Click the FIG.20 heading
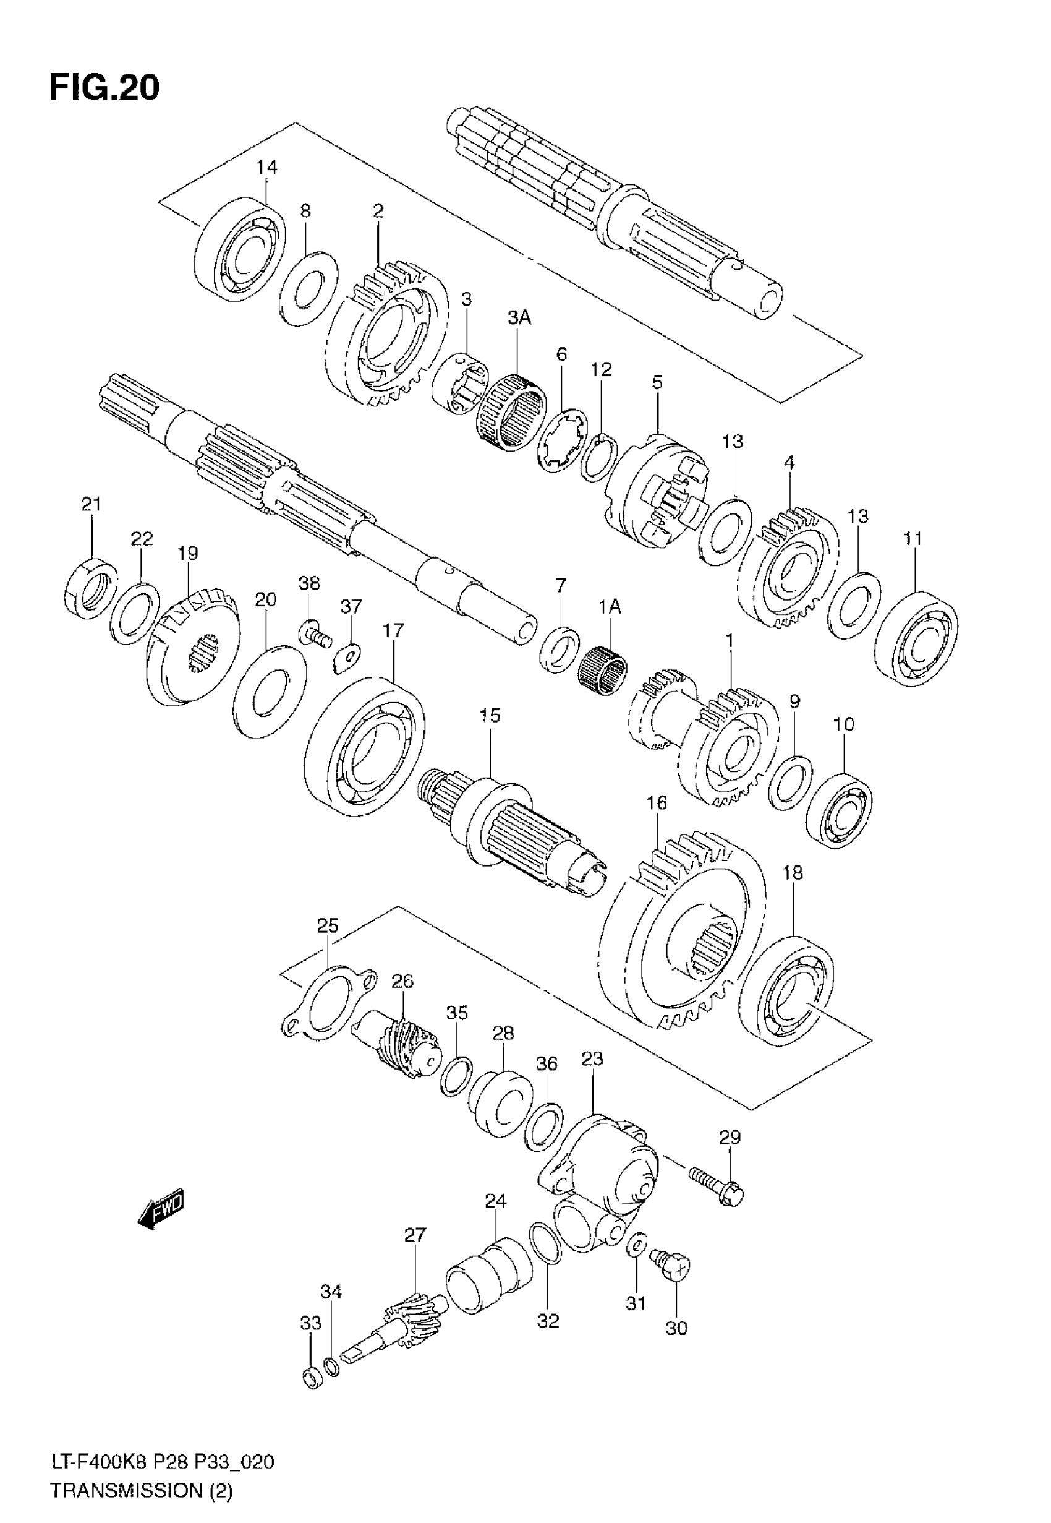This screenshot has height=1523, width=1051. point(104,88)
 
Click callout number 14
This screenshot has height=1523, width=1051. point(266,167)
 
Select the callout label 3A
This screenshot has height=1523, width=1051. point(519,318)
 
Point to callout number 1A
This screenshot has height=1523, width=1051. point(610,607)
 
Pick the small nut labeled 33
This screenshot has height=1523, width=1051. point(312,1378)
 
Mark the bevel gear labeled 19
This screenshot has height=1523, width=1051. point(192,646)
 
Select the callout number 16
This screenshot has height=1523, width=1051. point(656,803)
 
